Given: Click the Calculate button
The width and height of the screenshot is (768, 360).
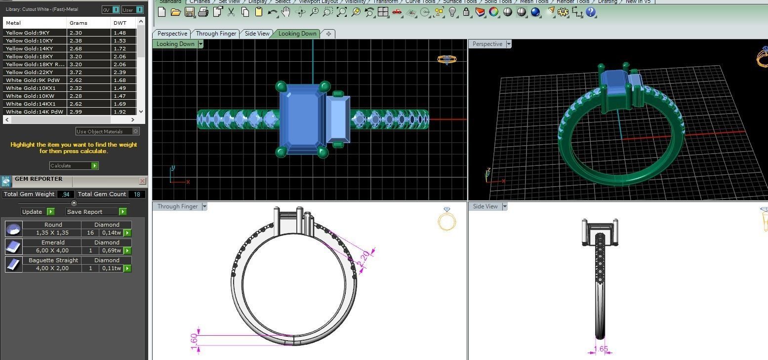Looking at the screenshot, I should point(74,165).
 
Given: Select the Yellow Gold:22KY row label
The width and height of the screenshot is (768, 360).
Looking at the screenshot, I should point(30,72).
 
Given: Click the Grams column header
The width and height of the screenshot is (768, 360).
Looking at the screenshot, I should point(79,23).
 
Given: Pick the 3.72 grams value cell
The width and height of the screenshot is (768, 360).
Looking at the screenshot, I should point(76,72).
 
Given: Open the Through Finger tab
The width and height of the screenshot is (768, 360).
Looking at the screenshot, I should point(216,34).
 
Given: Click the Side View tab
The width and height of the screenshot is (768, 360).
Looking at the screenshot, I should point(257,34).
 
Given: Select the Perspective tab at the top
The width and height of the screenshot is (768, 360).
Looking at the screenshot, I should point(172,34).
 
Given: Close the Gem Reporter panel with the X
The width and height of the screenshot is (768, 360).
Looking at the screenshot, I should point(142,181).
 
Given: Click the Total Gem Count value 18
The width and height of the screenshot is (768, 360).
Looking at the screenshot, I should point(137,194).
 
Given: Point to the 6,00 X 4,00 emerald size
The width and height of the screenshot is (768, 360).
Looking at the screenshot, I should point(52,250).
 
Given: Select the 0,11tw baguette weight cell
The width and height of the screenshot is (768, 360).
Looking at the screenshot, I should point(112,268).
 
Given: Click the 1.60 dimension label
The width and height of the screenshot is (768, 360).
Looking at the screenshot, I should point(194,339).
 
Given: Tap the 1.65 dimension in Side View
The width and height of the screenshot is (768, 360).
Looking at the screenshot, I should point(601,349).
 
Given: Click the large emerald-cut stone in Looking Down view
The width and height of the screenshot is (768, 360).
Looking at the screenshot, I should point(299,119).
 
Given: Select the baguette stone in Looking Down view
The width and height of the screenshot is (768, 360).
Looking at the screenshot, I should point(338,119).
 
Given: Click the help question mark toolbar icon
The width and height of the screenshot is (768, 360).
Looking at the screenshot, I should point(591,12).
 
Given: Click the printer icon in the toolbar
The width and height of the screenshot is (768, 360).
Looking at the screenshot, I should point(203,12).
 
